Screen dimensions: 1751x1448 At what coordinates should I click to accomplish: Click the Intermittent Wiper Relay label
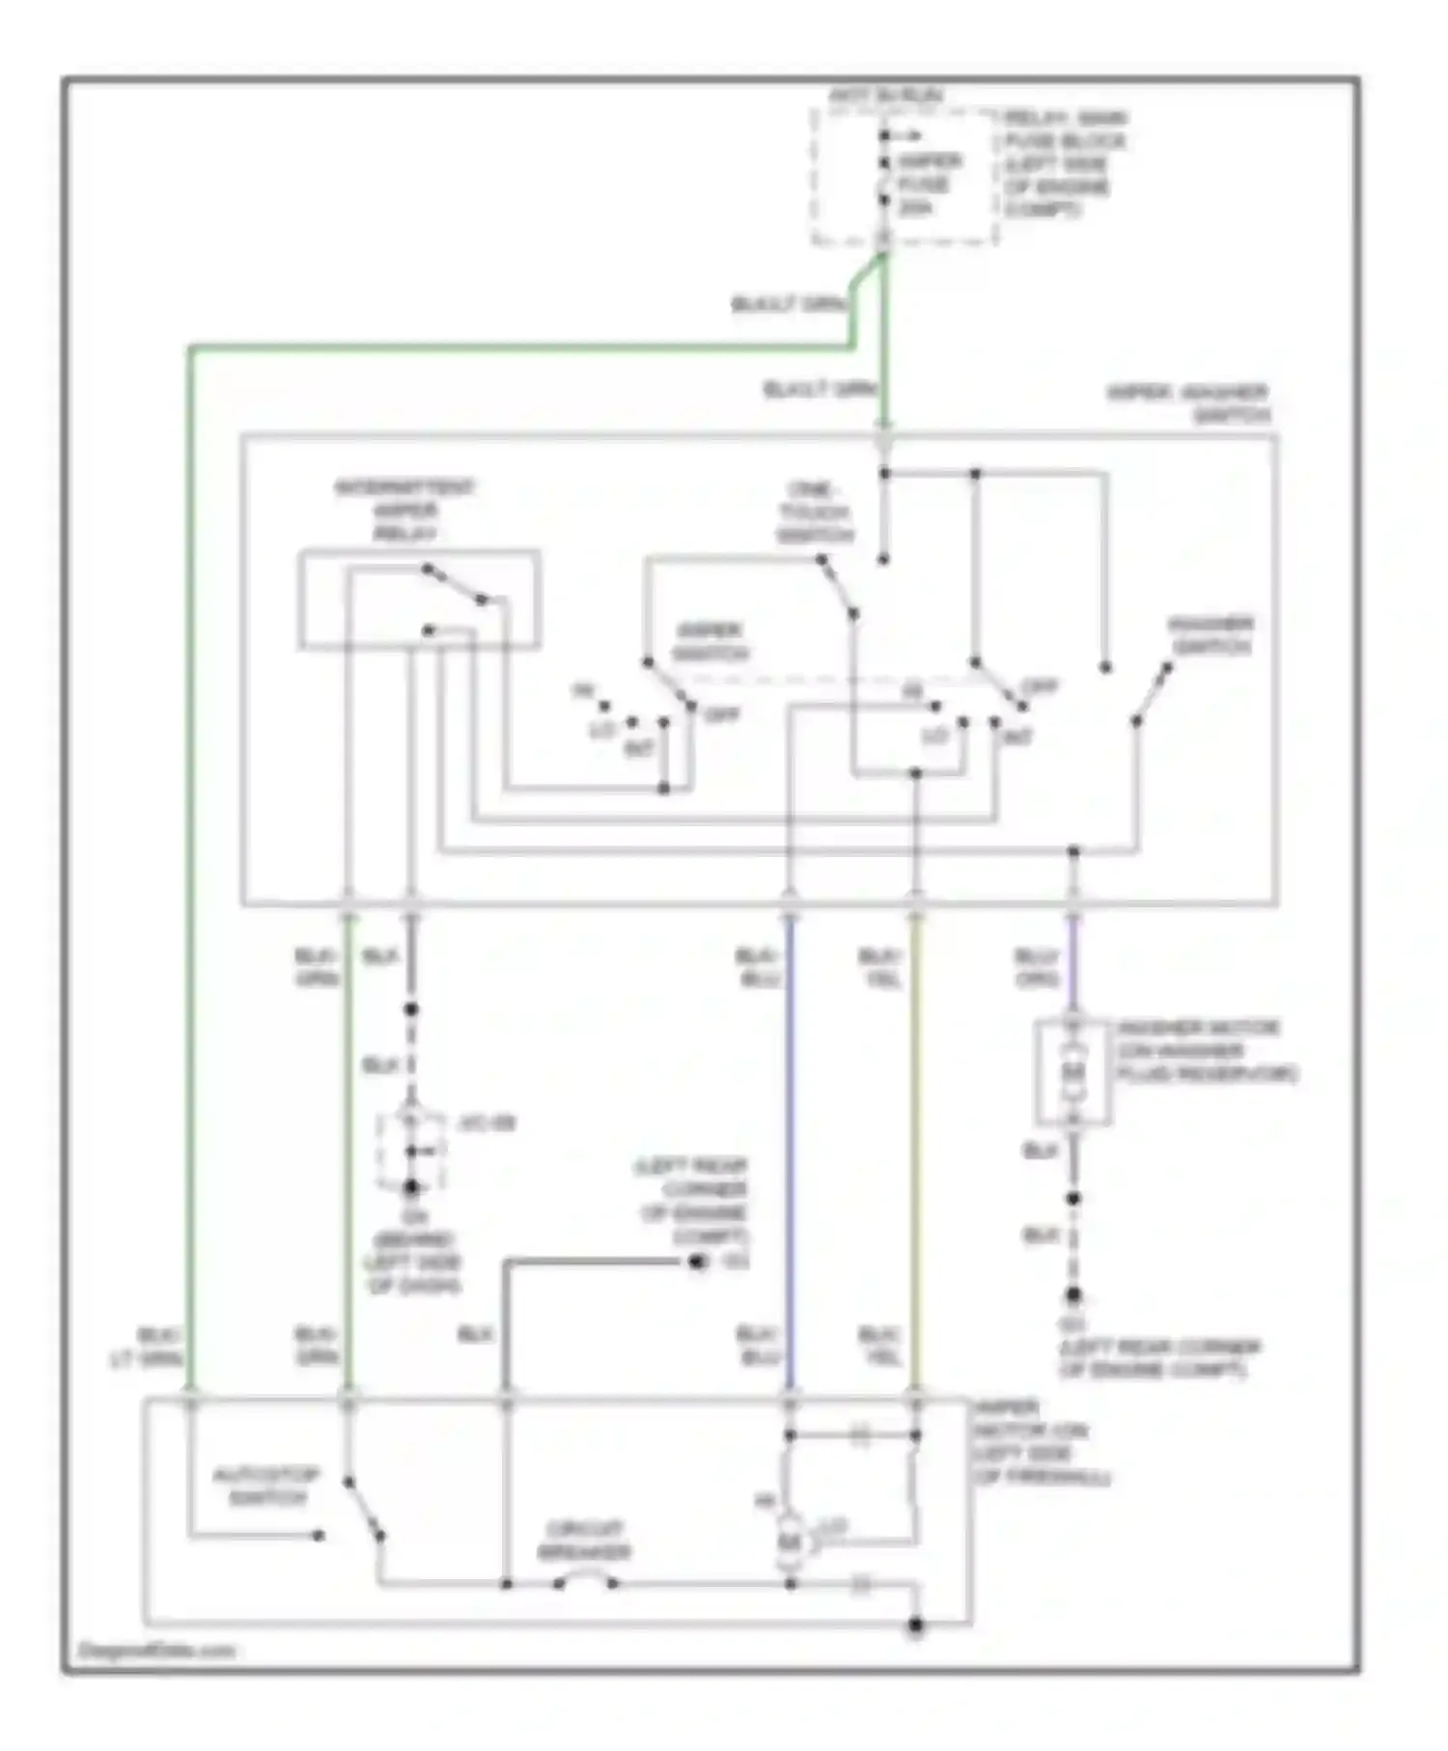click(404, 511)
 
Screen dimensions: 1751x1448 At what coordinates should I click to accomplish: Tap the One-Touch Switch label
click(814, 512)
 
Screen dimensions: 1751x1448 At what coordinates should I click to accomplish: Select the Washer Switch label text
click(1211, 635)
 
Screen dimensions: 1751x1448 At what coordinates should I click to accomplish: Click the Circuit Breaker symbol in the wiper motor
click(585, 1580)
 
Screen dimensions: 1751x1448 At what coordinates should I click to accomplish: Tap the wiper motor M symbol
click(791, 1543)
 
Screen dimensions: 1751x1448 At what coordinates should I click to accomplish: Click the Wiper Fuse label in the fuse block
click(928, 183)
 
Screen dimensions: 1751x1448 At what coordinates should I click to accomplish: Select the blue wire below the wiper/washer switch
click(791, 1158)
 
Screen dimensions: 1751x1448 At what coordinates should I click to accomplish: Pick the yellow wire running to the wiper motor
click(916, 1158)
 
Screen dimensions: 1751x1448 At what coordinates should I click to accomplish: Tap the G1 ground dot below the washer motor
click(1072, 1295)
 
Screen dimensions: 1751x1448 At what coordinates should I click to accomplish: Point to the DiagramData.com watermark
click(156, 1650)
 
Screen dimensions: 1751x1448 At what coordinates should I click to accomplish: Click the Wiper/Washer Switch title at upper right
click(1189, 403)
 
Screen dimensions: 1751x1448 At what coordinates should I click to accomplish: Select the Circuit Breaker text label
click(585, 1541)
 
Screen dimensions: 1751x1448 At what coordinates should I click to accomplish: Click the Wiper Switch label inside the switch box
click(710, 642)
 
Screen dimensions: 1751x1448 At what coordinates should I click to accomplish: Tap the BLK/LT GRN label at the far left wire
click(147, 1348)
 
